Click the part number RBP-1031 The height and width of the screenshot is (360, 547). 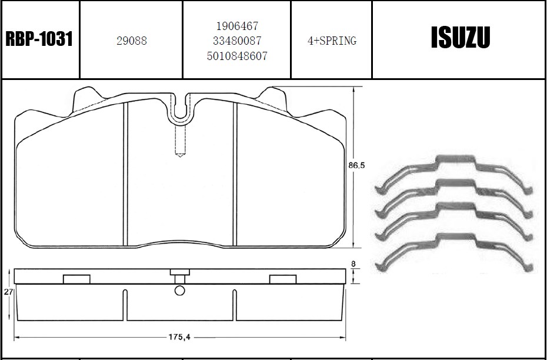click(39, 39)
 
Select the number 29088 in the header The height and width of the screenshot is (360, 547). click(132, 41)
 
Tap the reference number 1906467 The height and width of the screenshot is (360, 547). click(237, 26)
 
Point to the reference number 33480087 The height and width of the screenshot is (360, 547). click(237, 41)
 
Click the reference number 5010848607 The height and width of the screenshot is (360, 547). click(237, 56)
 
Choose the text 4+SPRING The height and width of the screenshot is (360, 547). click(332, 41)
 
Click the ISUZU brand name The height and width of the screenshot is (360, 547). click(461, 37)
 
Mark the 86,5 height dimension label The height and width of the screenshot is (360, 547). click(356, 165)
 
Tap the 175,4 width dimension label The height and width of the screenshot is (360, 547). click(179, 337)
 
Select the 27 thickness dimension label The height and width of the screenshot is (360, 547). click(8, 292)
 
